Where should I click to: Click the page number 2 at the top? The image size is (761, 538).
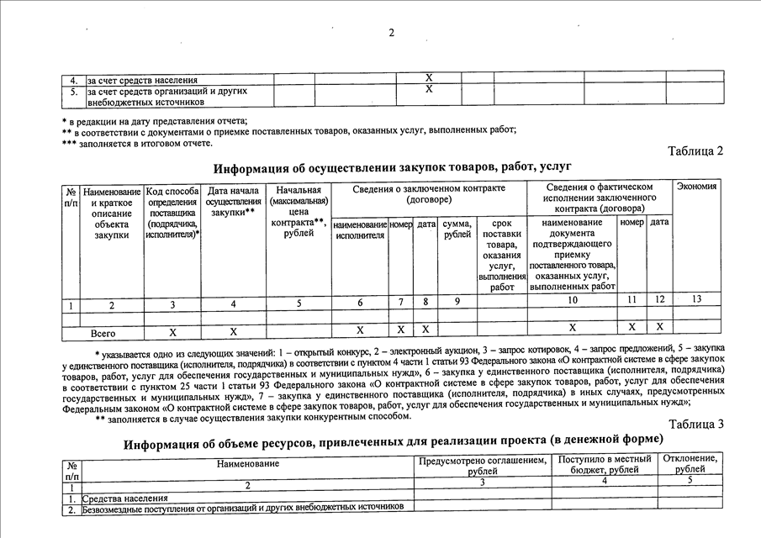pos(391,33)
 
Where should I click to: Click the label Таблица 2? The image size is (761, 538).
pos(695,151)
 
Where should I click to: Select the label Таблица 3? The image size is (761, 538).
pos(695,423)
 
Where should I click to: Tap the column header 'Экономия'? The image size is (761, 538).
pos(696,186)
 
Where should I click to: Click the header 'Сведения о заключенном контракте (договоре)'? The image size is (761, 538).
pos(429,193)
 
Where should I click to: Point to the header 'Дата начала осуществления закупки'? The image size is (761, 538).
pos(233,203)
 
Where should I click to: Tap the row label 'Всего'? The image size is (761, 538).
pos(103,333)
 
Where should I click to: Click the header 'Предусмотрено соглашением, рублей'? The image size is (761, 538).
pos(482,465)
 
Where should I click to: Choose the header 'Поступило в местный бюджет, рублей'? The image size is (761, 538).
pos(605,465)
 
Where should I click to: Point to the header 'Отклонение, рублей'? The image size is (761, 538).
pos(690,465)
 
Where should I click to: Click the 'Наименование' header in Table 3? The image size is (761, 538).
pos(247,463)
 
